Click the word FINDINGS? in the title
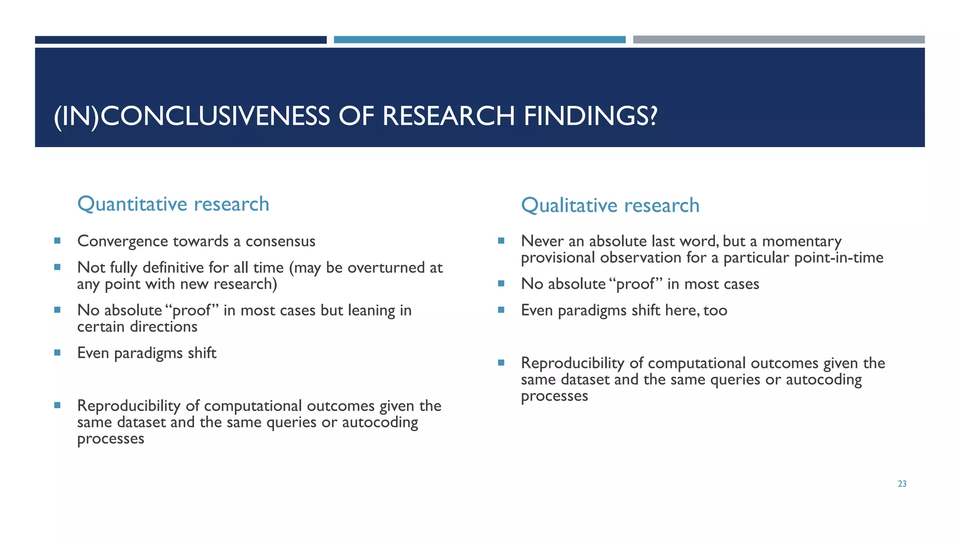[590, 116]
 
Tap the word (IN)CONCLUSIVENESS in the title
[192, 116]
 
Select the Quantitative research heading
[173, 204]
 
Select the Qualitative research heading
[610, 205]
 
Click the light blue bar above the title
[480, 40]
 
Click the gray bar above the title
[779, 40]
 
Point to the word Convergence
[123, 241]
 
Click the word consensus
[280, 241]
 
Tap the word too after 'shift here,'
[715, 310]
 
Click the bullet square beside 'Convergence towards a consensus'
[57, 241]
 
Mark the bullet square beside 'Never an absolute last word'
[501, 241]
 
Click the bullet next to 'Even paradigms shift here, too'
[501, 310]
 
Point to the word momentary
[802, 241]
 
